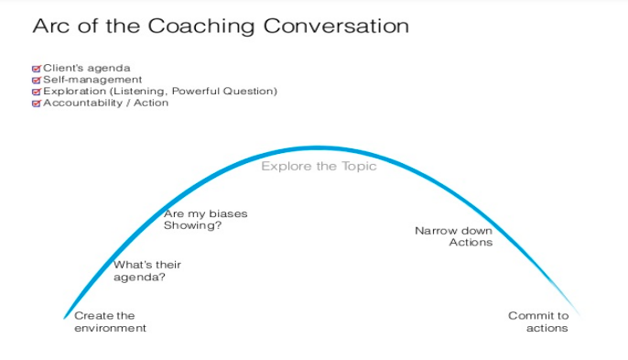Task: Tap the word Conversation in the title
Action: point(336,26)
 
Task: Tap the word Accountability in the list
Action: point(80,104)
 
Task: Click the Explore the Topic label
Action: point(319,167)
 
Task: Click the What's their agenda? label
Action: point(146,270)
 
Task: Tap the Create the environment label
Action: point(110,322)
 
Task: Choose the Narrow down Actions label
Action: point(454,236)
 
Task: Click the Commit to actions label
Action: point(539,322)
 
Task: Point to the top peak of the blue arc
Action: point(316,147)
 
